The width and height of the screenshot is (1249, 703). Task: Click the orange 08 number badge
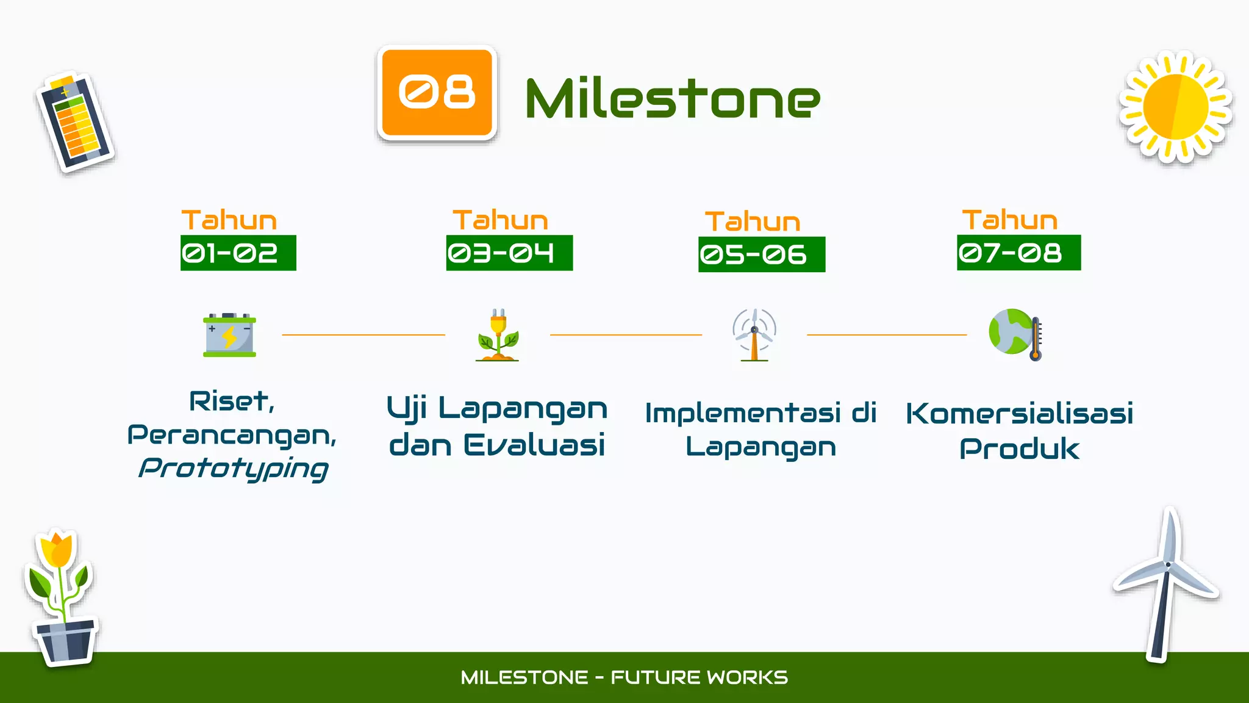pos(437,93)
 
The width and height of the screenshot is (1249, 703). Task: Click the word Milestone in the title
pos(672,98)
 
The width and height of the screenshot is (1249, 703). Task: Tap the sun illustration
pos(1175,107)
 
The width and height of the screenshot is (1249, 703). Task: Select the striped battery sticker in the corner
pos(75,122)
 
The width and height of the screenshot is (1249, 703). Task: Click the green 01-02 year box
pos(238,253)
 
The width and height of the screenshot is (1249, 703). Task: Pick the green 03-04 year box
pos(509,253)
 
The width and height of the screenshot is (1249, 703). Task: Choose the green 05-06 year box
pos(761,254)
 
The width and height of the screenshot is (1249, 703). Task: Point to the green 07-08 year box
pos(1018,253)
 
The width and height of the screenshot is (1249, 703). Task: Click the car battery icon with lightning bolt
pos(229,335)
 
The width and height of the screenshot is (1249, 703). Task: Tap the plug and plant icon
pos(498,335)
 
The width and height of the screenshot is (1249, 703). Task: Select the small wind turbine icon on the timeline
pos(754,335)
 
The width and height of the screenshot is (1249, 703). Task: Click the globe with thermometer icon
pos(1015,334)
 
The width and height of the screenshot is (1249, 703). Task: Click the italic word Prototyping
pos(233,469)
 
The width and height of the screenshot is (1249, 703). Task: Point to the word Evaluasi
pos(534,444)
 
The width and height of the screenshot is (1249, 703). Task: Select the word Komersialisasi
pos(1019,413)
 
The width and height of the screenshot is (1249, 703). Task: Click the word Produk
pos(1019,449)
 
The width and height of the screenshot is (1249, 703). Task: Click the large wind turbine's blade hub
pos(1167,564)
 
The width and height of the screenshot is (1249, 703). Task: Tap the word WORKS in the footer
pos(747,677)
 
